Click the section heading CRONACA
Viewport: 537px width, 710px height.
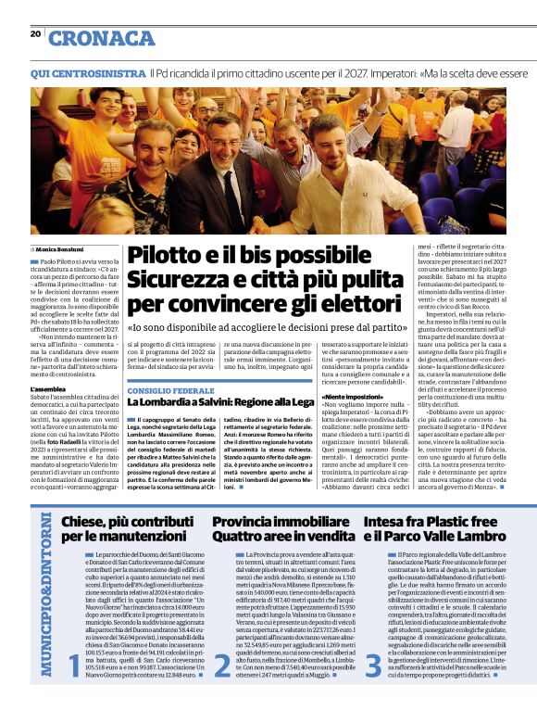(102, 38)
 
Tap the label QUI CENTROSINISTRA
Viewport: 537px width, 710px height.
(87, 72)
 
